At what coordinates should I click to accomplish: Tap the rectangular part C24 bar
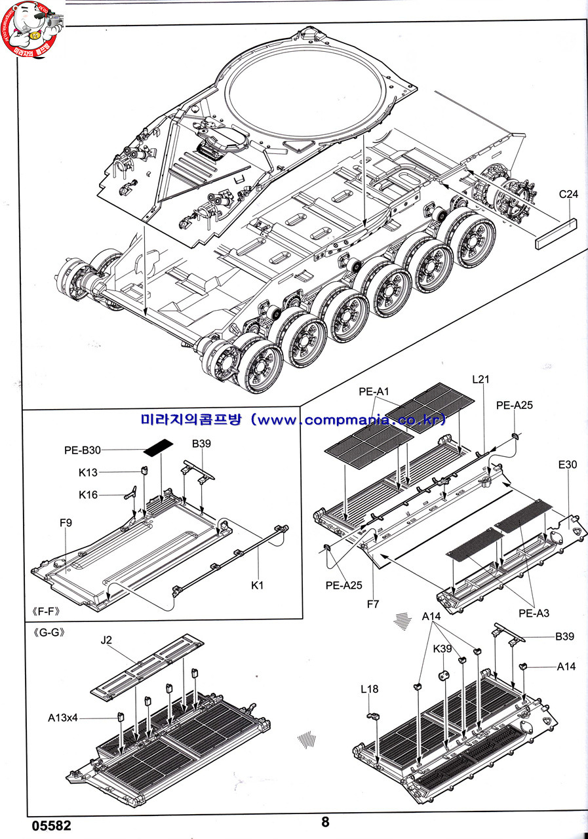point(555,233)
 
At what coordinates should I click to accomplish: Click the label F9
point(65,522)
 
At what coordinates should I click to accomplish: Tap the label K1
point(257,585)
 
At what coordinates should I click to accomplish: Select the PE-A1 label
point(374,391)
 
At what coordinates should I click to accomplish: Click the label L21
point(481,380)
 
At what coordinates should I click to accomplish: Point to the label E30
point(567,465)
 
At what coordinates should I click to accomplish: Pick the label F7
point(372,603)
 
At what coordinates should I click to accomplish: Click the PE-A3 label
point(534,613)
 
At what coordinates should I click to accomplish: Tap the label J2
point(107,640)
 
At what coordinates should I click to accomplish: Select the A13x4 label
point(63,718)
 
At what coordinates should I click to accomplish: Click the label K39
point(442,648)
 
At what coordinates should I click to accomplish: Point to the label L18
point(370,689)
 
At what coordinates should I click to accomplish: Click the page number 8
point(326,822)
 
